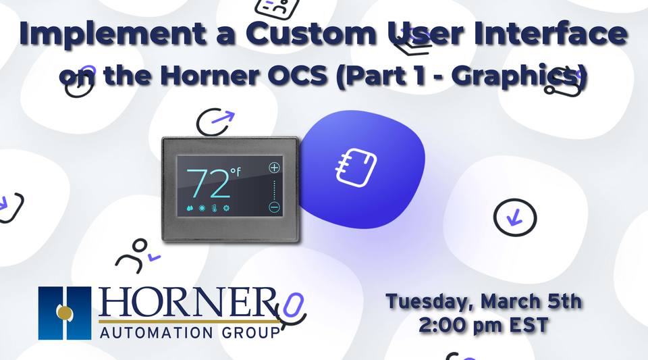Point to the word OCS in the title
click(336, 77)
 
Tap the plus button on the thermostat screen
click(274, 168)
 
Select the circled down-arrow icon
click(515, 217)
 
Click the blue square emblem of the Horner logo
click(65, 313)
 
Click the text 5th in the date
click(560, 301)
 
